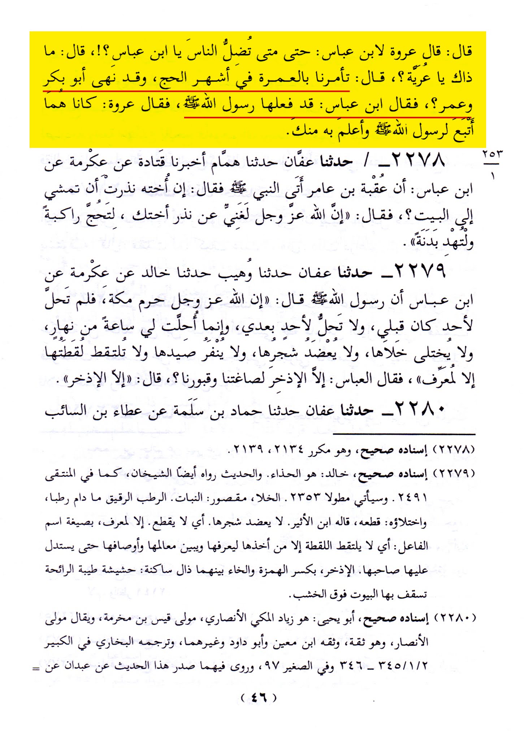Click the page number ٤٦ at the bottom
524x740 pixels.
pyautogui.click(x=259, y=697)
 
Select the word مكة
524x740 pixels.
pyautogui.click(x=122, y=299)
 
